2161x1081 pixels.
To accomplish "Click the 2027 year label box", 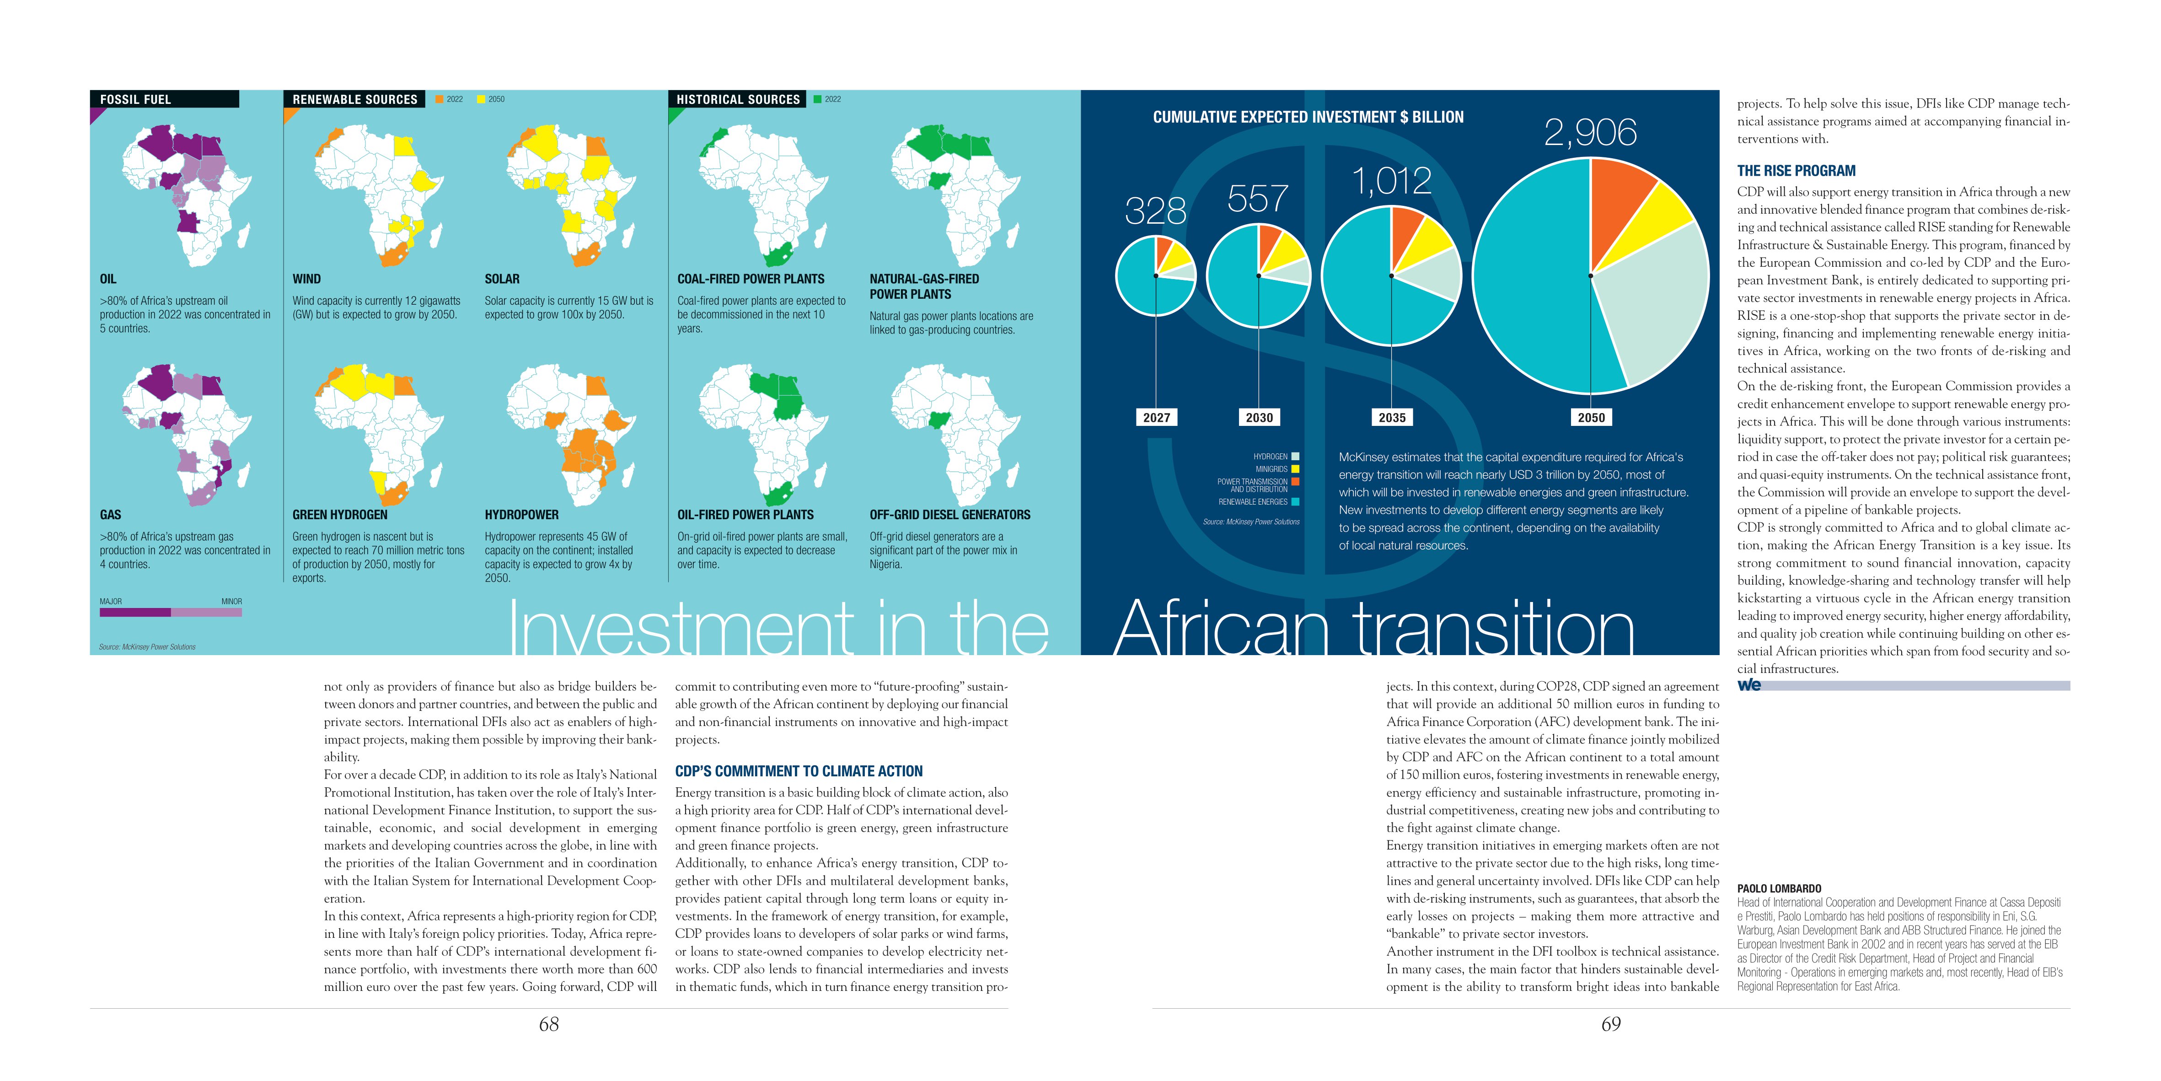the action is [x=1156, y=417].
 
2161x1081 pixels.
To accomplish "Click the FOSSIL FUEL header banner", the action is [x=165, y=99].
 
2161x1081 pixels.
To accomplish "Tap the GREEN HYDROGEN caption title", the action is [x=340, y=515].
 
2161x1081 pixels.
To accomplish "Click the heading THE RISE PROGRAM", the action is [x=1796, y=170].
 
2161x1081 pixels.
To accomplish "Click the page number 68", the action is [x=549, y=1024].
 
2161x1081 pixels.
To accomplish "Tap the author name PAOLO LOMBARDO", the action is [x=1779, y=888].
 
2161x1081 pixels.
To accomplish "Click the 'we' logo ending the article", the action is [x=1749, y=685].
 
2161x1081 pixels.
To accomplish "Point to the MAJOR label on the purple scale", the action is [x=111, y=601].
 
